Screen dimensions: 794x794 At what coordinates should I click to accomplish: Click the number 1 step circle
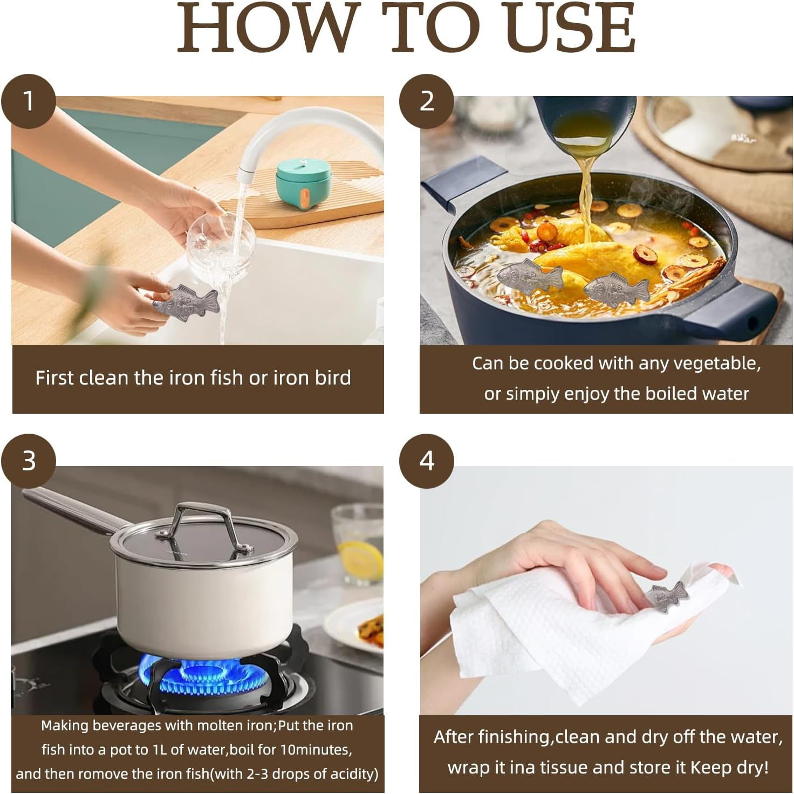(28, 101)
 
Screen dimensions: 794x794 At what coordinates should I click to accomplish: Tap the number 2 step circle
(427, 101)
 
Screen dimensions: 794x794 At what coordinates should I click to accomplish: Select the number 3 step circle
(28, 461)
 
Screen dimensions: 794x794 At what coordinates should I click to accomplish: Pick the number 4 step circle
(427, 461)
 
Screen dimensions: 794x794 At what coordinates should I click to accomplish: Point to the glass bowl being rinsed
(221, 244)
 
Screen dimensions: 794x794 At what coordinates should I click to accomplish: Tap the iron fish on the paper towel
(667, 596)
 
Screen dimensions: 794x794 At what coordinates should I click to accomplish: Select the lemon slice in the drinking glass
(360, 560)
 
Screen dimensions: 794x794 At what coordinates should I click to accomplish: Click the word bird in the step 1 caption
(333, 378)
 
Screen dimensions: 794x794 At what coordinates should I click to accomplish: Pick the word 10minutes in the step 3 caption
(316, 749)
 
